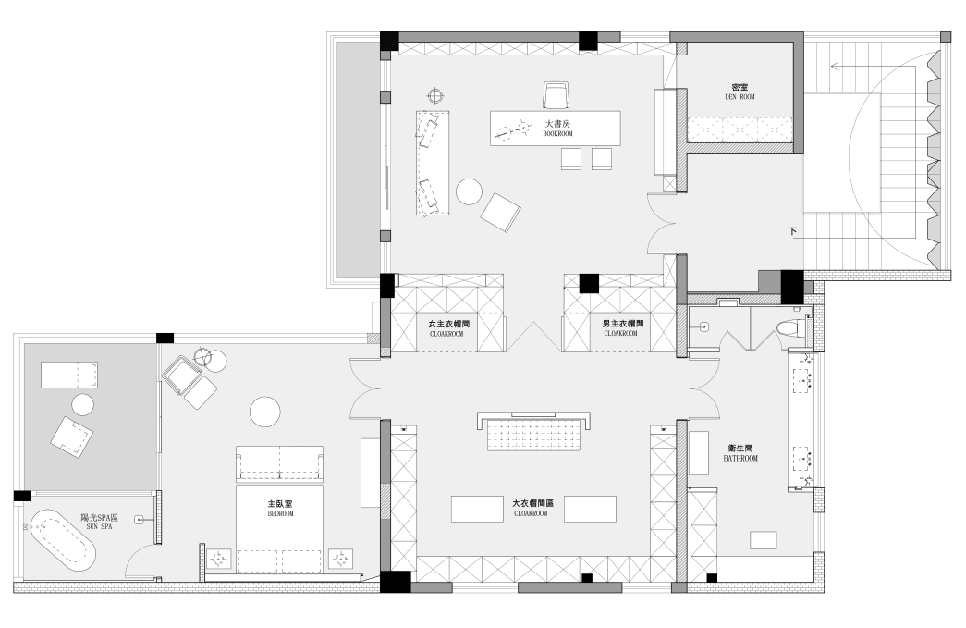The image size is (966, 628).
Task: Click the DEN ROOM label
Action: coord(740,97)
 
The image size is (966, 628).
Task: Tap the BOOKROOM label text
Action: coord(557,134)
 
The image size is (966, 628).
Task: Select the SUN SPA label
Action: coord(99,527)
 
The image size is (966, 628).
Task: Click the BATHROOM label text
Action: coord(740,459)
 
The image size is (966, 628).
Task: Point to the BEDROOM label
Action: coord(280,513)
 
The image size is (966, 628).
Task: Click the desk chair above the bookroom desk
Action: coord(557,95)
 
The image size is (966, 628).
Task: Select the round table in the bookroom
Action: coord(470,191)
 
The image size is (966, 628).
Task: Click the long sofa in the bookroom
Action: coord(433,164)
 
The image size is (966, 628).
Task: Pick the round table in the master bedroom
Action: coord(265,412)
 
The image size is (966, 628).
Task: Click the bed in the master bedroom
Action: coord(280,529)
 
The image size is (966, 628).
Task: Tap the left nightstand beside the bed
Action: coord(219,560)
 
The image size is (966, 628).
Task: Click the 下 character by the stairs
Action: coord(792,232)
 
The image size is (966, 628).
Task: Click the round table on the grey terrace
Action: coord(82,405)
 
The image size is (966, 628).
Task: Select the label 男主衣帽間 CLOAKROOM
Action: coord(623,328)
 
